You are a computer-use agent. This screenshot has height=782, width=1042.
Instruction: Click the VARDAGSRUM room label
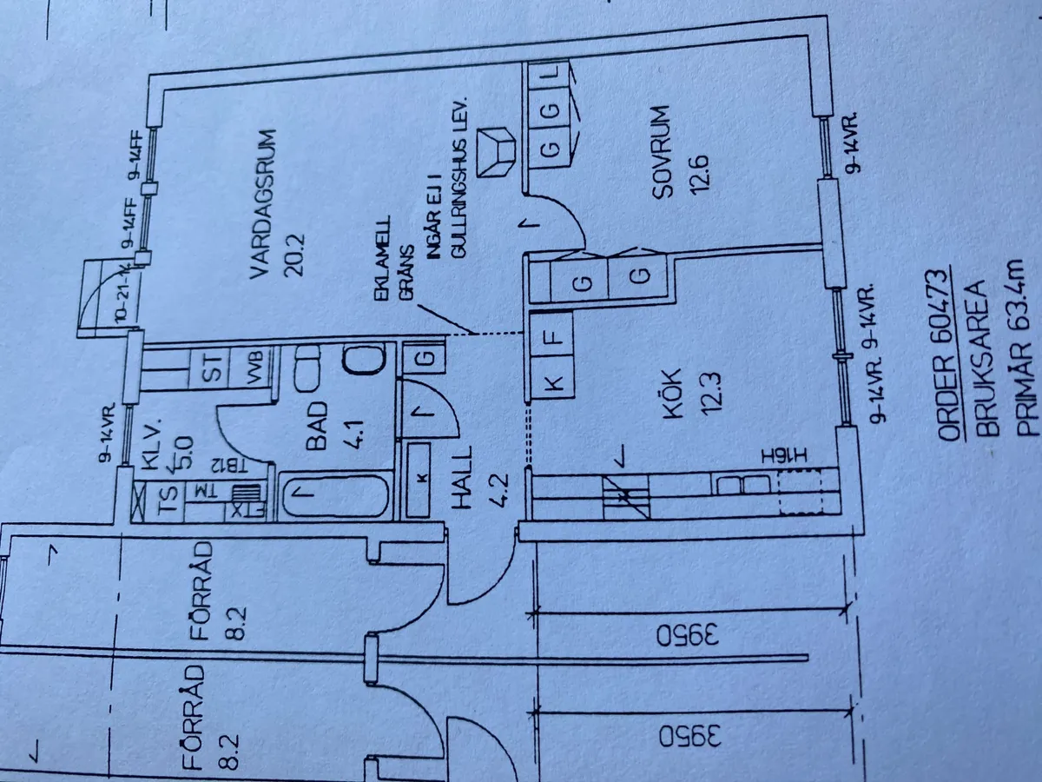(x=260, y=204)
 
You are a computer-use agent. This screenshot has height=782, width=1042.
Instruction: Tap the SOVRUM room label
(x=664, y=153)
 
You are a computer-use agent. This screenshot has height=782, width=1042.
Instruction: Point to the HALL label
(x=462, y=488)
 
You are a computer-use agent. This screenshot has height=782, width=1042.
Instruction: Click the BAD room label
(x=317, y=426)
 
